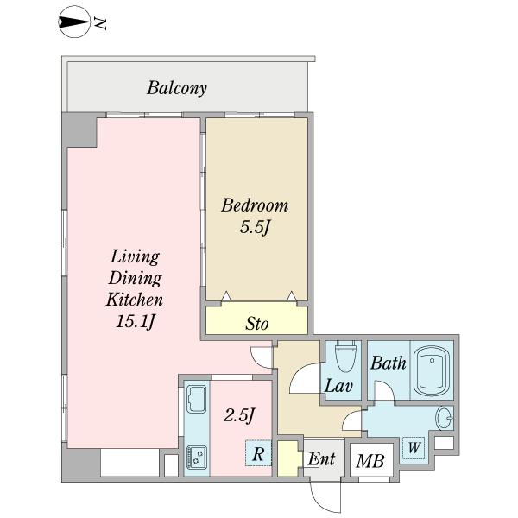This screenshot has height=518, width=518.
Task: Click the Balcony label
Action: pyautogui.click(x=177, y=88)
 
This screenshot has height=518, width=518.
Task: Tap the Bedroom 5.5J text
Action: pyautogui.click(x=255, y=216)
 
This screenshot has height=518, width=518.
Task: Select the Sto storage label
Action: pyautogui.click(x=256, y=324)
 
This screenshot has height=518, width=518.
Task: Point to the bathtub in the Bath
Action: pyautogui.click(x=433, y=370)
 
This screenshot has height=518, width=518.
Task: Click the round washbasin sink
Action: pyautogui.click(x=445, y=418)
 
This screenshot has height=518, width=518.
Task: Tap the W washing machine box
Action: pyautogui.click(x=414, y=447)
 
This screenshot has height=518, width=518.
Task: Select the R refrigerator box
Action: pyautogui.click(x=258, y=453)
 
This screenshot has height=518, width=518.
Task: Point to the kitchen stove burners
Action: pyautogui.click(x=197, y=457)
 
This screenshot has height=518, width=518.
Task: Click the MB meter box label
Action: pyautogui.click(x=370, y=460)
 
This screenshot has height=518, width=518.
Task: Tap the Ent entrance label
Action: pyautogui.click(x=321, y=458)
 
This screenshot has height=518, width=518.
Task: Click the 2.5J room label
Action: pyautogui.click(x=239, y=415)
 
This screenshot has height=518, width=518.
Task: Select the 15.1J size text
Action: pyautogui.click(x=136, y=321)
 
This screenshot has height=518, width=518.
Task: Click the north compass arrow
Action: pyautogui.click(x=74, y=22)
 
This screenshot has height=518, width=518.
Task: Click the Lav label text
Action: pyautogui.click(x=338, y=386)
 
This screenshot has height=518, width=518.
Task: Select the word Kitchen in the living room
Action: pyautogui.click(x=135, y=300)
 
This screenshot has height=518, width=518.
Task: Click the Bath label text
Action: pyautogui.click(x=388, y=363)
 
